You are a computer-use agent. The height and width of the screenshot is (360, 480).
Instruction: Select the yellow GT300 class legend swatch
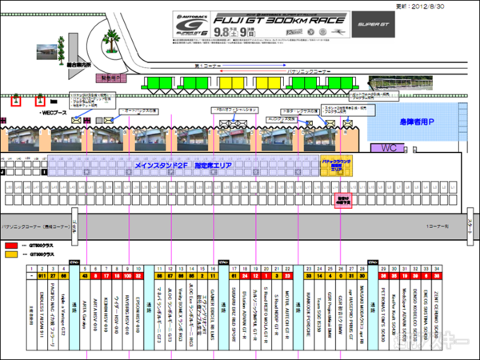tap(10, 254)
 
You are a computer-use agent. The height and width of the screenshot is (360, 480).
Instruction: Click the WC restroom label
tap(389, 147)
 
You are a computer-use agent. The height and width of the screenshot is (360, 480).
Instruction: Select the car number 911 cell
tap(31, 275)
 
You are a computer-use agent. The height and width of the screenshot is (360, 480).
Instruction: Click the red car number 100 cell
tap(127, 275)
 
